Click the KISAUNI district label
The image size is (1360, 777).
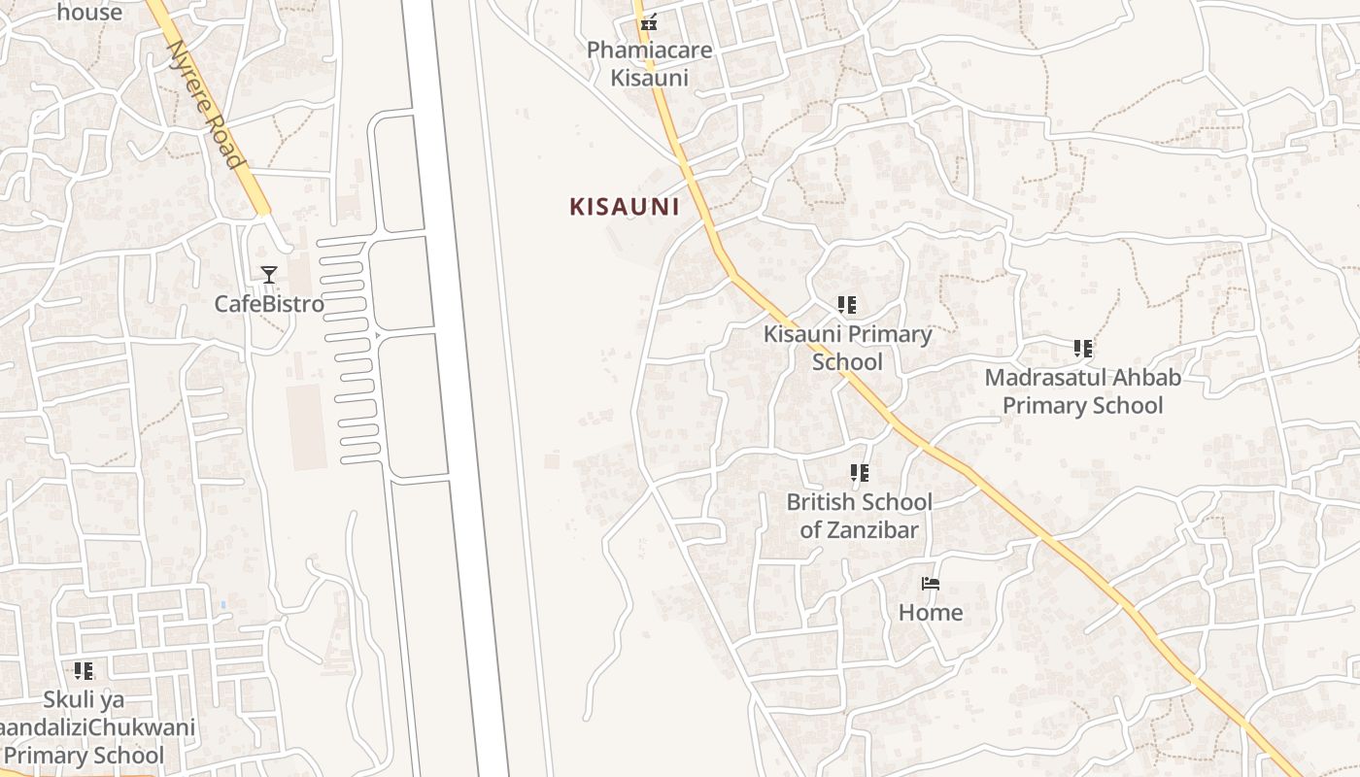(624, 207)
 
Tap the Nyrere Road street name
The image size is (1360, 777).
(205, 105)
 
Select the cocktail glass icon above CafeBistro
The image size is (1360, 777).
(269, 275)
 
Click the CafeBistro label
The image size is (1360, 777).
(269, 304)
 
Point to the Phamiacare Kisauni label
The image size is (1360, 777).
(649, 64)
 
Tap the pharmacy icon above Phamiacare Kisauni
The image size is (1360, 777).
(649, 21)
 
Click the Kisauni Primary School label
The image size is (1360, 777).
(847, 348)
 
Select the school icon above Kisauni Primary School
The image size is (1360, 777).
(847, 305)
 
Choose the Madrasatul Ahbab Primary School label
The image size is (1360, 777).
(1082, 391)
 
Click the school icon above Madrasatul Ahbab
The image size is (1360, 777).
(1083, 349)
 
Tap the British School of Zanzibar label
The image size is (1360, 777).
(859, 516)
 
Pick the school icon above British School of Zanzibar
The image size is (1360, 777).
(859, 474)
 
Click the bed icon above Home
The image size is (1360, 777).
(931, 584)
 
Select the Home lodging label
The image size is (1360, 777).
(931, 613)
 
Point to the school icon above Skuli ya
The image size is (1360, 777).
(84, 670)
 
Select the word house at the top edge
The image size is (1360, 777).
(89, 13)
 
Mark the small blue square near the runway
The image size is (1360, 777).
(222, 605)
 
